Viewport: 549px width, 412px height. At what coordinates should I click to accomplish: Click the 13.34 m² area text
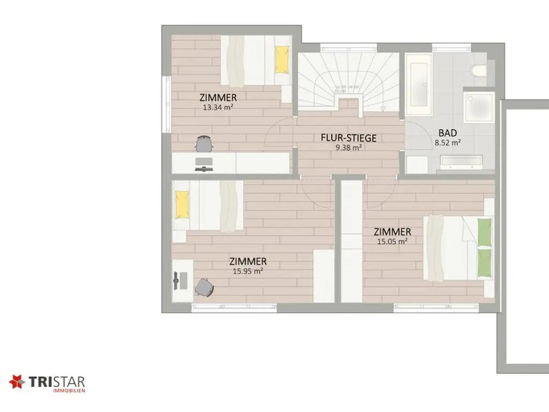coord(218,107)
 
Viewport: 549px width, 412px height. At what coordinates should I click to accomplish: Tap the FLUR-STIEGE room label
coord(348,138)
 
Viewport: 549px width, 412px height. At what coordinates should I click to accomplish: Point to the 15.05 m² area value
coord(392,241)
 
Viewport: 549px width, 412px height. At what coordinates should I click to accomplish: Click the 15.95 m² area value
coord(248,271)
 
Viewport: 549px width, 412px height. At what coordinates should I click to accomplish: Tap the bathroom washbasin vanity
coord(461,160)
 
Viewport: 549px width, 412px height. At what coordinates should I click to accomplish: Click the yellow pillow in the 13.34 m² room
coord(281,59)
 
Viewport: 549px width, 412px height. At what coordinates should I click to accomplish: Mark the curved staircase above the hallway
coord(348,80)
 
